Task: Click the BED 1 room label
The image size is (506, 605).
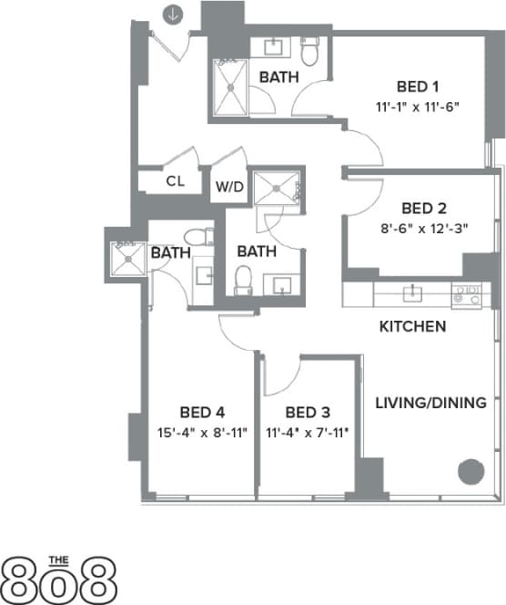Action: (x=418, y=87)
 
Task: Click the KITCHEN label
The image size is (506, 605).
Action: (x=412, y=326)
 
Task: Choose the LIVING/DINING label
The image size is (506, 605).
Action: (x=430, y=402)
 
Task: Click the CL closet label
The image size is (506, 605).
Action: (x=176, y=180)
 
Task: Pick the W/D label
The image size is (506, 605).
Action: (x=228, y=188)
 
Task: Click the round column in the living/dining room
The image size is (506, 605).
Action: (x=470, y=472)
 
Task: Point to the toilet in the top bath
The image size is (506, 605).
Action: (x=309, y=53)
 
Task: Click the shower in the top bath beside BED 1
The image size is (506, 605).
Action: (x=231, y=88)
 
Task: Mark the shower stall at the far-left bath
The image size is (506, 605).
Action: (x=126, y=257)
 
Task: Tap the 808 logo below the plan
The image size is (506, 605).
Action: (x=60, y=576)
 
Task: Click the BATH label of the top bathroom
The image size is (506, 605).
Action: (x=278, y=78)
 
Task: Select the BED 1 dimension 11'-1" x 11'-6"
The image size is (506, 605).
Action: (x=418, y=107)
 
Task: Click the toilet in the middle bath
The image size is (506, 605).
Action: (x=243, y=277)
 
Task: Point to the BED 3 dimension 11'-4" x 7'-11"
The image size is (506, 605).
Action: (x=307, y=433)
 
